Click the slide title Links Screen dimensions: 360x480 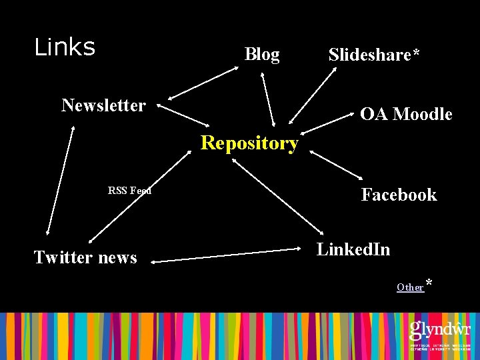coord(65,47)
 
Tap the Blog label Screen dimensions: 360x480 coord(262,55)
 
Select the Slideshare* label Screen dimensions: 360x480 coord(374,55)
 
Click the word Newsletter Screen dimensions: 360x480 coord(103,105)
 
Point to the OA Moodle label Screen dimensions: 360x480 coord(406,115)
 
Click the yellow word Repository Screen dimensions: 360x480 coord(249,143)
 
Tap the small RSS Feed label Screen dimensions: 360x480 coord(129,191)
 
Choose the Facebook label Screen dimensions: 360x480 coord(399,195)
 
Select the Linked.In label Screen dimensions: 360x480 coord(353,250)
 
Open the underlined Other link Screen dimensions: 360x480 coord(410,287)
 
